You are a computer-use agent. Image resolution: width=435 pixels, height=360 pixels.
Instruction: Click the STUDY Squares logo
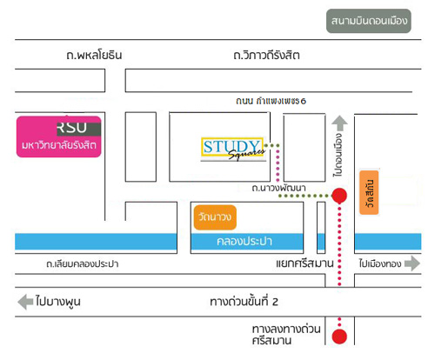tap(233, 149)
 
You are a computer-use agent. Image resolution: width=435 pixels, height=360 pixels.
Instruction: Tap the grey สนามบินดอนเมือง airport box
tap(369, 21)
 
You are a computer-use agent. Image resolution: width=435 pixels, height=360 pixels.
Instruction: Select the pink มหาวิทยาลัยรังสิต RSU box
tap(59, 137)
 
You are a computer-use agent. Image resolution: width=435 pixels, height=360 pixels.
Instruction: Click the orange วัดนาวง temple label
tap(215, 217)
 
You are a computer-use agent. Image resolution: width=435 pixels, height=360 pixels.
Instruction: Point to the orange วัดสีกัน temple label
tap(369, 193)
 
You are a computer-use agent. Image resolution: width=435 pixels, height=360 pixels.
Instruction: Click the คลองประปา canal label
tap(244, 241)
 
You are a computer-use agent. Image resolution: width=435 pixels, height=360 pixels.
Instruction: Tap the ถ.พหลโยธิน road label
tap(94, 55)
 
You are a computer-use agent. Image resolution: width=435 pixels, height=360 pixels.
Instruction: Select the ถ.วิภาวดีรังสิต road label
tap(266, 55)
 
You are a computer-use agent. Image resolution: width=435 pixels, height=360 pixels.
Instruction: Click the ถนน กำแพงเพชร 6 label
tap(271, 101)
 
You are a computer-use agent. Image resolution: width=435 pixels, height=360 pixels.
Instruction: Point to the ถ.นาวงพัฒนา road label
tap(278, 188)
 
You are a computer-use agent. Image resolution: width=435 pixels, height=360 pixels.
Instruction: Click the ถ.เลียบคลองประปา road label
tap(83, 263)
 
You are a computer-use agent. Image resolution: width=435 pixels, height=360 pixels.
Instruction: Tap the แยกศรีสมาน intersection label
tap(304, 263)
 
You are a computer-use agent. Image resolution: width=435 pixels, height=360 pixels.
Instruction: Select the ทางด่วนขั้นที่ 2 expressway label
tap(244, 302)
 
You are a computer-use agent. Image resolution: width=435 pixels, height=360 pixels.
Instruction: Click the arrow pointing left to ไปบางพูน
tap(25, 302)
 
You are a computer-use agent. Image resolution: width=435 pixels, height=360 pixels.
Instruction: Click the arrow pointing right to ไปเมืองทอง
tap(412, 263)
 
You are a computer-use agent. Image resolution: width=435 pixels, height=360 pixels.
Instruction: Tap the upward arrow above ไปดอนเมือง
tap(339, 123)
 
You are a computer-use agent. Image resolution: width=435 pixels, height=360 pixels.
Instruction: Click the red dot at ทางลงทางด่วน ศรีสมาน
tap(339, 337)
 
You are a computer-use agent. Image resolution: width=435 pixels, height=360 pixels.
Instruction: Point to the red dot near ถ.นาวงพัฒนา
tap(339, 196)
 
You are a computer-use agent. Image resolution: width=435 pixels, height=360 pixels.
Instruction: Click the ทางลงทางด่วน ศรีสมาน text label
tap(286, 335)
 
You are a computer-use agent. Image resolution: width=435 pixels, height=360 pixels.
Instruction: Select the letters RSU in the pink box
tap(72, 128)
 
